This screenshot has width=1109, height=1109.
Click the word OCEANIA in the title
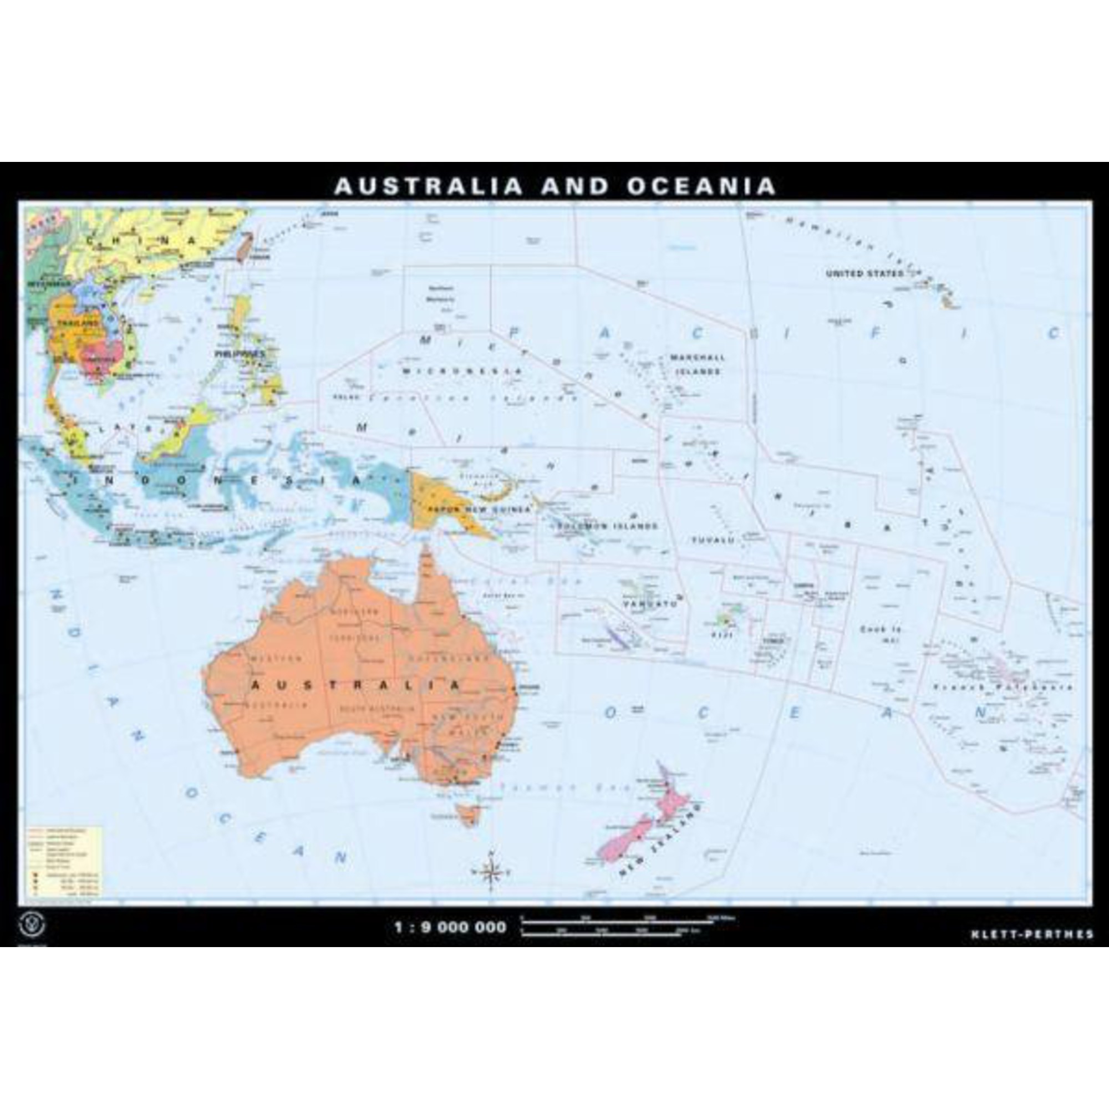click(701, 186)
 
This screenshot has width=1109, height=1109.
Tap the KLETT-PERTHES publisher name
click(1032, 934)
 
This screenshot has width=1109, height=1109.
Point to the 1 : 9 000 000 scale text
click(451, 927)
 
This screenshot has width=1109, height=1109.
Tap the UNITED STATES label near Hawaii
click(864, 274)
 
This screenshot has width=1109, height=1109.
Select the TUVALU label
click(713, 540)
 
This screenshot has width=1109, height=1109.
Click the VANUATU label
click(650, 604)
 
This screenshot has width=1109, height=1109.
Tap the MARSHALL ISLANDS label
click(698, 364)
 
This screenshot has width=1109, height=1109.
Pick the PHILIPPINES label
click(240, 354)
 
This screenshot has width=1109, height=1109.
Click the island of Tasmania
click(467, 814)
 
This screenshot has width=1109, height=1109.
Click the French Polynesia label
click(1002, 687)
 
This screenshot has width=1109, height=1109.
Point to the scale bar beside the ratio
click(625, 927)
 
